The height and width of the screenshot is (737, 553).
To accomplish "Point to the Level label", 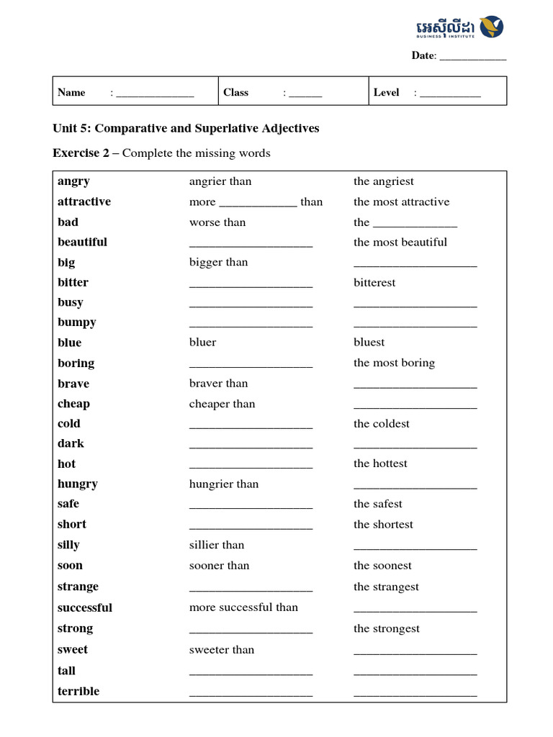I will (x=386, y=92).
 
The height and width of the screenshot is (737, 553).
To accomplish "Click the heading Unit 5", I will (x=186, y=128).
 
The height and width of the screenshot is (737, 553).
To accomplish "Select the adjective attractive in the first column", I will (x=84, y=202).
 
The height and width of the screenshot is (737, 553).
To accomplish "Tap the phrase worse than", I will (x=217, y=222).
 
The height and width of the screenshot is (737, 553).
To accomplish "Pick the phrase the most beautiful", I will (x=400, y=242).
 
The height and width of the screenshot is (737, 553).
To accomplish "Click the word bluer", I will (x=202, y=342).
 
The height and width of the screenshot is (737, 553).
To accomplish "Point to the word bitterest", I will (x=374, y=282).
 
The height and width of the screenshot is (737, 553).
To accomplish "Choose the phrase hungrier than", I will (x=223, y=484).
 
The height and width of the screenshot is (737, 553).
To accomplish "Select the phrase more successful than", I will (x=243, y=607).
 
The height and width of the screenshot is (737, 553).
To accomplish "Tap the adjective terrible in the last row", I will (x=78, y=691).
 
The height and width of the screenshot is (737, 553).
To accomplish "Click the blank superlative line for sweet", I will (x=415, y=652).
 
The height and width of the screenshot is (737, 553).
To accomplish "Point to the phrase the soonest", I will (x=382, y=565).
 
